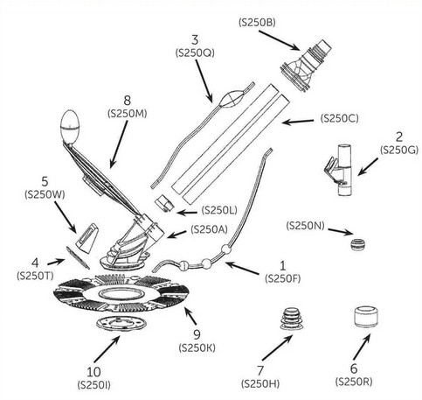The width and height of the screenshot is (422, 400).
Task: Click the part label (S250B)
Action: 257,23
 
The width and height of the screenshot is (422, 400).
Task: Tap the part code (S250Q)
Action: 195,53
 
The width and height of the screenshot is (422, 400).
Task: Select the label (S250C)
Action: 340,118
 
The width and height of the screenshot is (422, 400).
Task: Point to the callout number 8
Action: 128,101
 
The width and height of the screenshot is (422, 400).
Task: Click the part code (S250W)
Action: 45,194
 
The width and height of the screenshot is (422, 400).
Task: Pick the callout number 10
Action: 93,372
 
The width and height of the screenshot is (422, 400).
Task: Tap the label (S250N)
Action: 305,225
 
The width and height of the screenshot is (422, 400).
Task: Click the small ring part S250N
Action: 357,244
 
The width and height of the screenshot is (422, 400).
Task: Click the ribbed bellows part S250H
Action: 292,319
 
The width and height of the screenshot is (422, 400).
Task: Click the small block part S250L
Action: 164,203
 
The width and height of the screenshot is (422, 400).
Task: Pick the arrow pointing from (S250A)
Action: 176,235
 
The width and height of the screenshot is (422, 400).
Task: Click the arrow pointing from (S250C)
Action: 298,122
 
